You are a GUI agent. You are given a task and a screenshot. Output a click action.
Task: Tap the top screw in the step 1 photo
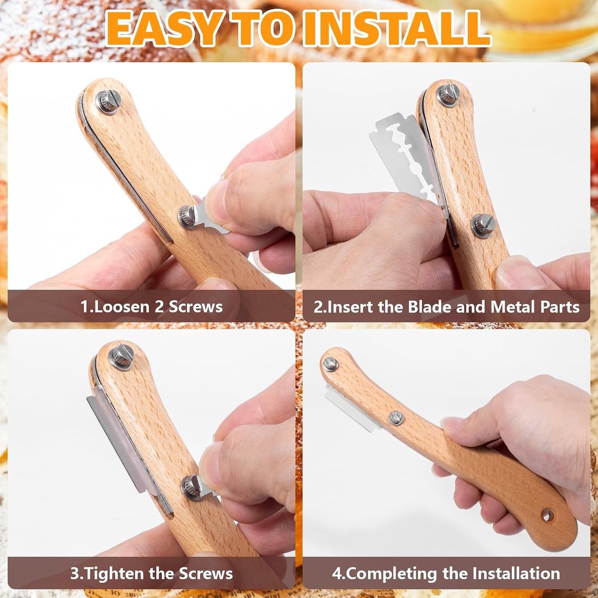click(108, 103)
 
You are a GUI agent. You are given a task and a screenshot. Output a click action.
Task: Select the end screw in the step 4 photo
click(330, 363)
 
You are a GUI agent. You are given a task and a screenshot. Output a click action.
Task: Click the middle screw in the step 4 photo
click(396, 418)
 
